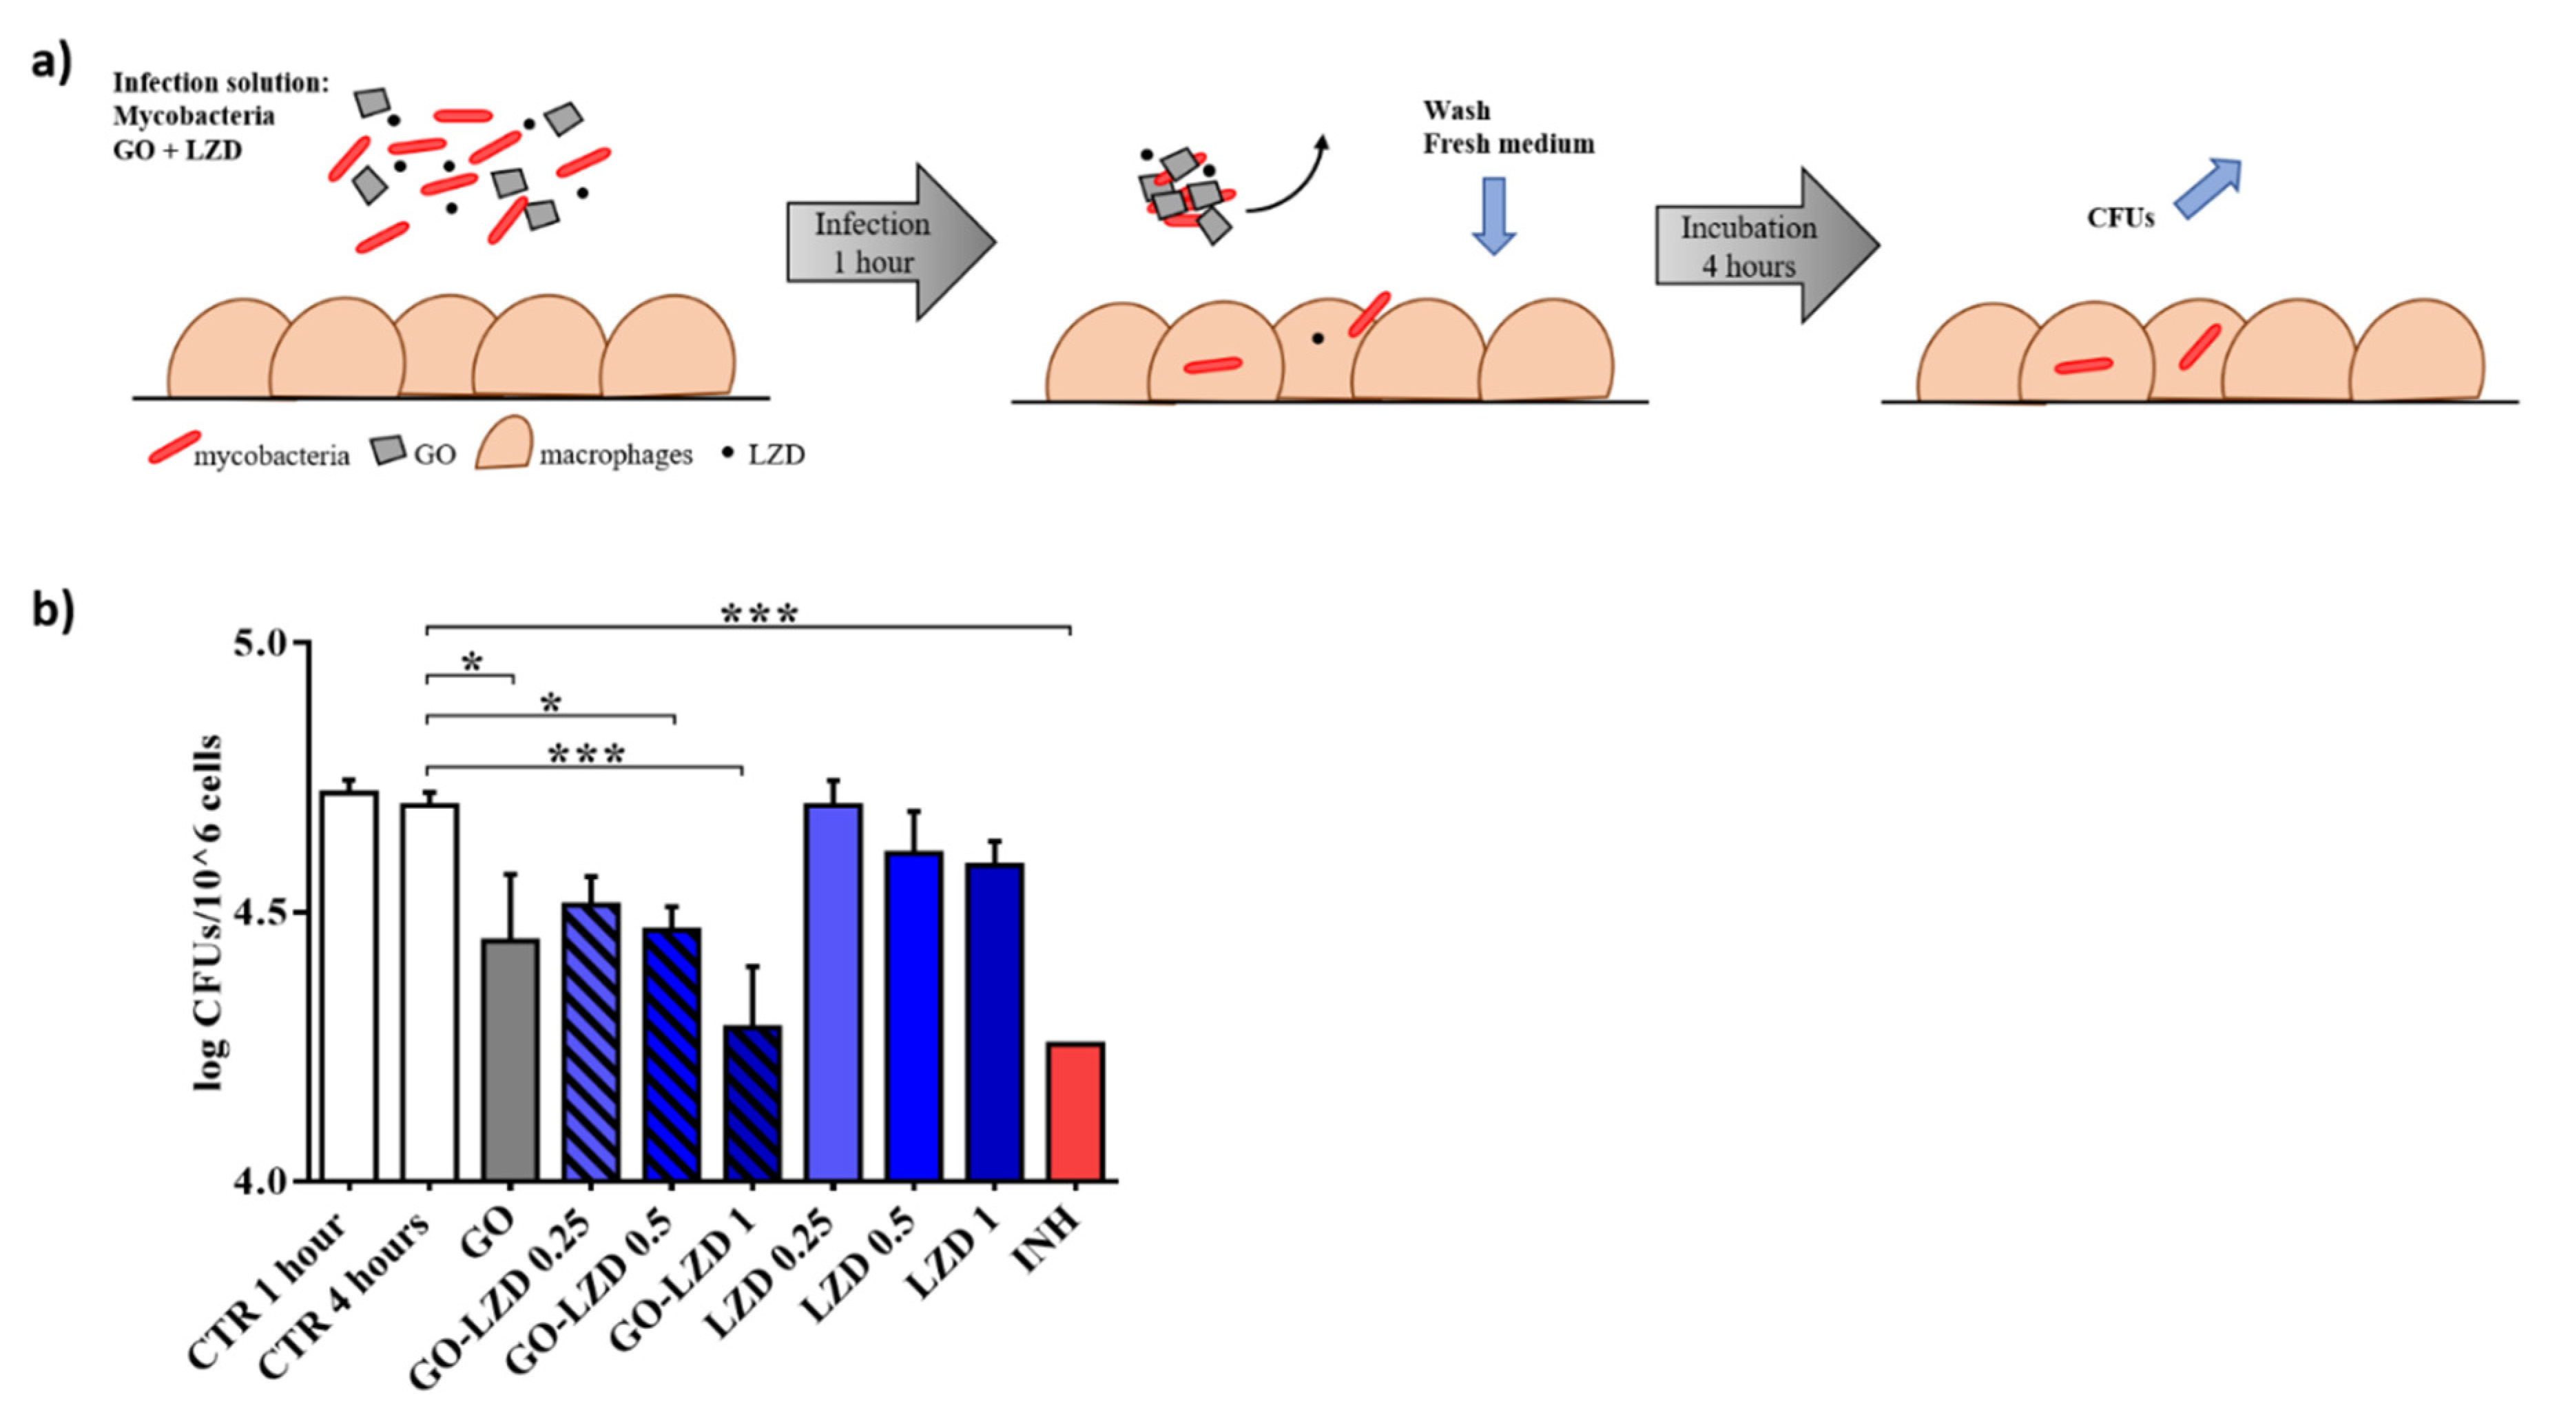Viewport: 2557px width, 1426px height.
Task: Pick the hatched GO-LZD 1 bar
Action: tap(752, 1104)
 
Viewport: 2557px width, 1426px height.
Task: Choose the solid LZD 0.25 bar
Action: tap(834, 993)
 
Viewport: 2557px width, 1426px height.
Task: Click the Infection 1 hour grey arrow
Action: tap(889, 243)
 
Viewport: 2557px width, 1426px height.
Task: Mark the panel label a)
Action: tap(52, 61)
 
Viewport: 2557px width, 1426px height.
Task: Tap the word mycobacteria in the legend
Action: tap(271, 457)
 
